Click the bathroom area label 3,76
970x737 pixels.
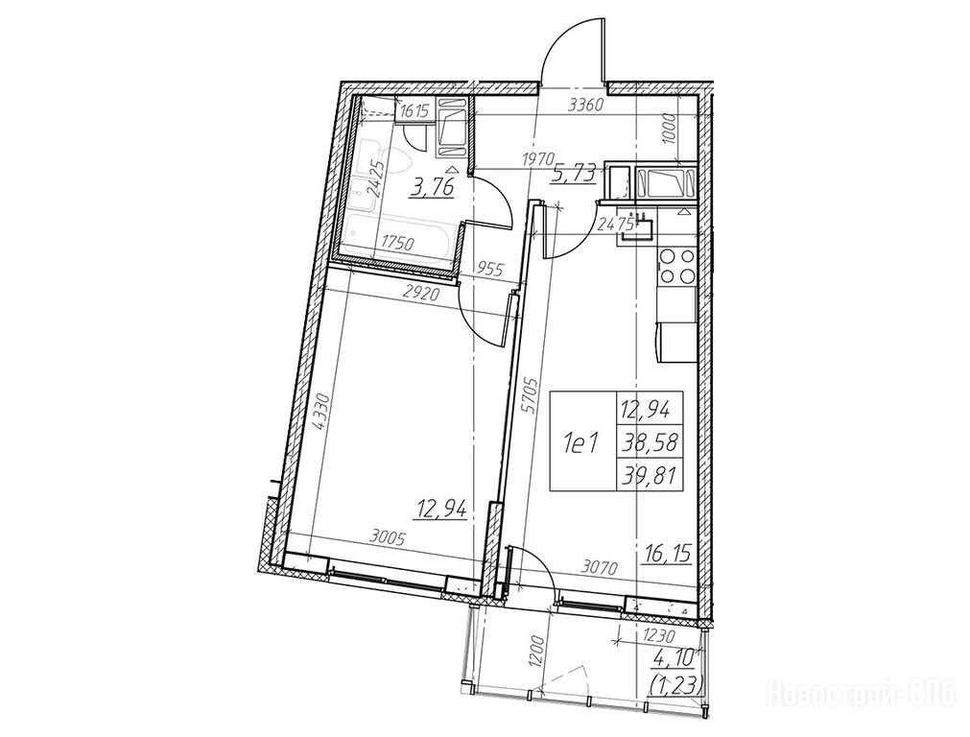pyautogui.click(x=434, y=187)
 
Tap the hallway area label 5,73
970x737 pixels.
pyautogui.click(x=574, y=174)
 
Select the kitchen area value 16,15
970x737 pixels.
pyautogui.click(x=668, y=552)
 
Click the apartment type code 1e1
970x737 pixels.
pyautogui.click(x=580, y=443)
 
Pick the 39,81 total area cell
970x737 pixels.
pyautogui.click(x=650, y=475)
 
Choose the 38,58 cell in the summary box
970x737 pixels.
pyautogui.click(x=650, y=442)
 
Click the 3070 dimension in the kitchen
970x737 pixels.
pyautogui.click(x=599, y=567)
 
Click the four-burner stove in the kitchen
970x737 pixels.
pyautogui.click(x=676, y=267)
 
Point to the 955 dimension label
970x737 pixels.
pyautogui.click(x=492, y=269)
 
